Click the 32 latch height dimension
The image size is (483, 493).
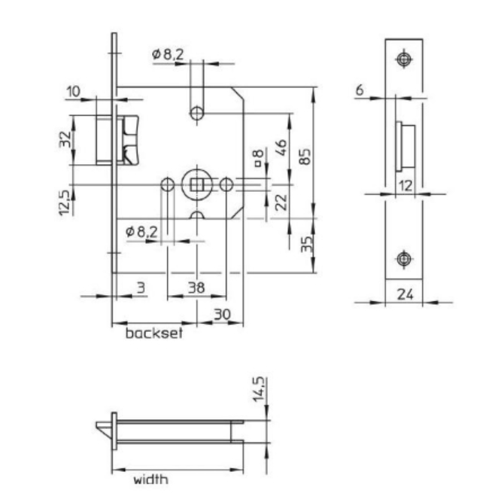pyautogui.click(x=65, y=139)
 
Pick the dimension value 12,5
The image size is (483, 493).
pyautogui.click(x=65, y=202)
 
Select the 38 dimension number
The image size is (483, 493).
pyautogui.click(x=195, y=287)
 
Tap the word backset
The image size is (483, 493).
pyautogui.click(x=154, y=333)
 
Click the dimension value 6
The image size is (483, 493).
pyautogui.click(x=360, y=90)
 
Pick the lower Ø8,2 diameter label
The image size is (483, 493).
pyautogui.click(x=142, y=232)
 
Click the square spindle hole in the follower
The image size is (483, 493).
pyautogui.click(x=196, y=184)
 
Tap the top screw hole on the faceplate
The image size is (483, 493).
pyautogui.click(x=404, y=59)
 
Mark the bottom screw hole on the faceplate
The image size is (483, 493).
pyautogui.click(x=404, y=258)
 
